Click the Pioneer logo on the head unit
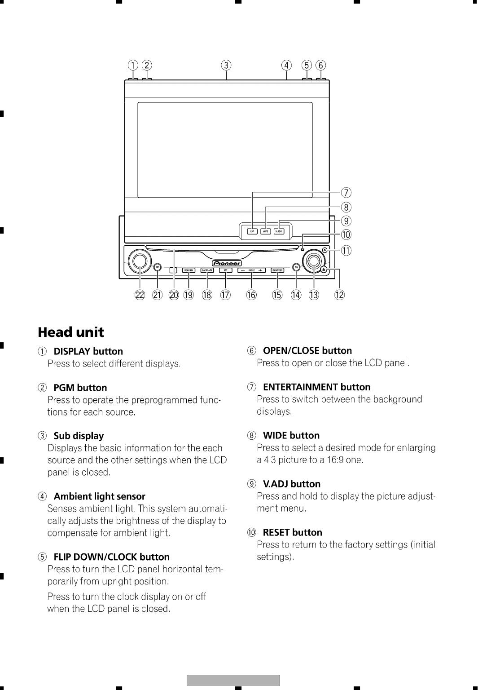pyautogui.click(x=227, y=263)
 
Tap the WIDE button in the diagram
pyautogui.click(x=266, y=231)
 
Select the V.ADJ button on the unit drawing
pyautogui.click(x=279, y=231)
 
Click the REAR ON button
pyautogui.click(x=189, y=270)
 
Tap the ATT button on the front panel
pyautogui.click(x=225, y=270)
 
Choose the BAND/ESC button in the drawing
pyautogui.click(x=277, y=270)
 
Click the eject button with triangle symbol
pyautogui.click(x=325, y=270)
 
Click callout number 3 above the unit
pyautogui.click(x=227, y=65)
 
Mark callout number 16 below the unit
pyautogui.click(x=251, y=295)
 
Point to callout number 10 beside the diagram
pyautogui.click(x=346, y=234)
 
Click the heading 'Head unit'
pyautogui.click(x=71, y=332)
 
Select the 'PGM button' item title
pyautogui.click(x=80, y=388)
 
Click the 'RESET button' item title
pyautogui.click(x=292, y=532)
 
